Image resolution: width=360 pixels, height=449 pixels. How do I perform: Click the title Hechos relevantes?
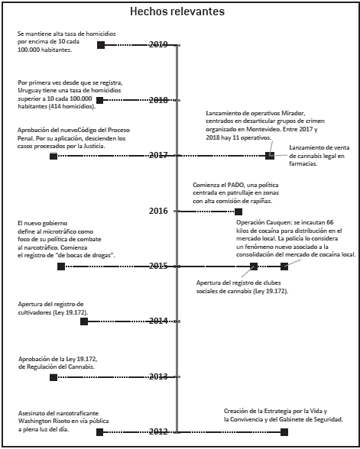177,11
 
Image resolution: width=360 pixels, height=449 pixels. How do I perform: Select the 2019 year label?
158,44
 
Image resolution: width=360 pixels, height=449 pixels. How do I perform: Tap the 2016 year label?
158,211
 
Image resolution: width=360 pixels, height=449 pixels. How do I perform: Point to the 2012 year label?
158,431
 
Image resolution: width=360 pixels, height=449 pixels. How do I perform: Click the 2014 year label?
158,321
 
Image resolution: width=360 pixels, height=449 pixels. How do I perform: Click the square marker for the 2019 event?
101,45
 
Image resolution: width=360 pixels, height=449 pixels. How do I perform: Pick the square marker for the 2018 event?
99,100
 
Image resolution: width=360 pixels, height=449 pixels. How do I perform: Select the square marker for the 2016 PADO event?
238,212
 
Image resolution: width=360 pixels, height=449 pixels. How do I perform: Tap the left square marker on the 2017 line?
54,156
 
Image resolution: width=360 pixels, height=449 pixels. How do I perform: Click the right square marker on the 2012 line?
284,432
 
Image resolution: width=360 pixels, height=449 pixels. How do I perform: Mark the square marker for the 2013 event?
54,377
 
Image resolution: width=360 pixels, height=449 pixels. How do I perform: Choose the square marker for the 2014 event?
84,321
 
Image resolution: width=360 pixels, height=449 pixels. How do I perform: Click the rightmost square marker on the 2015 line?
284,266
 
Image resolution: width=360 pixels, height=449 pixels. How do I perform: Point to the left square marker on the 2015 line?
61,266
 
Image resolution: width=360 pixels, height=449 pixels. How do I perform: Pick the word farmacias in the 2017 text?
303,164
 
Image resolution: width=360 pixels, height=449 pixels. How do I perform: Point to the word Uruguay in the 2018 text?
29,91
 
